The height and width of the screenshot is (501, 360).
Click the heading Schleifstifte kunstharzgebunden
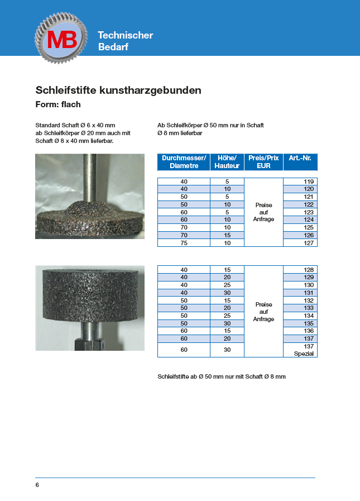pyautogui.click(x=118, y=90)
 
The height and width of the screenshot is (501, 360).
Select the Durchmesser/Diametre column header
pyautogui.click(x=184, y=162)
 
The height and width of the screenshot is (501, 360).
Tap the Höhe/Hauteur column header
pyautogui.click(x=227, y=162)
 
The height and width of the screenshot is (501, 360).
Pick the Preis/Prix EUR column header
pyautogui.click(x=263, y=162)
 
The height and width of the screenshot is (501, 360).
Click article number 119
pyautogui.click(x=300, y=182)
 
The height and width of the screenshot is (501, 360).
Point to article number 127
pyautogui.click(x=300, y=243)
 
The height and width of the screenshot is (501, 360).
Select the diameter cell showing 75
pyautogui.click(x=184, y=243)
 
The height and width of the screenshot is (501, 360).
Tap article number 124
pyautogui.click(x=300, y=220)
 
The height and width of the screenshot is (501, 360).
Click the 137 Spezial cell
pyautogui.click(x=300, y=350)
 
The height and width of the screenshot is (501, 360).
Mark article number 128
pyautogui.click(x=300, y=270)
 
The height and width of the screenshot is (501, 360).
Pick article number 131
pyautogui.click(x=300, y=293)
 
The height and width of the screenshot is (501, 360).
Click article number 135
pyautogui.click(x=300, y=323)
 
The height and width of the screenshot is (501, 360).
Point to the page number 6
pyautogui.click(x=37, y=485)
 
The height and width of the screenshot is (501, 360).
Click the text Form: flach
pyautogui.click(x=58, y=104)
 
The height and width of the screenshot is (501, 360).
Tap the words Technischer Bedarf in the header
pyautogui.click(x=125, y=41)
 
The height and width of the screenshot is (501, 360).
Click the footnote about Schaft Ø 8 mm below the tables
pyautogui.click(x=222, y=377)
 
